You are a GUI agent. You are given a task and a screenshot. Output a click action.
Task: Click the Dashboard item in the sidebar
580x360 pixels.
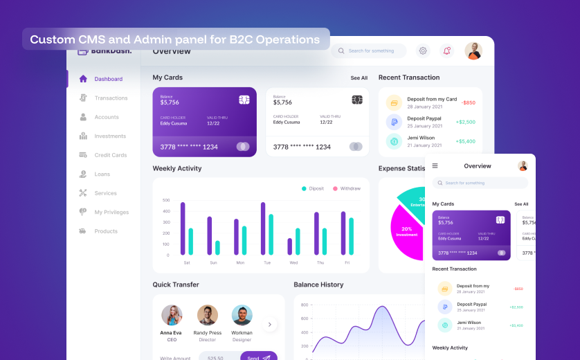click(x=108, y=79)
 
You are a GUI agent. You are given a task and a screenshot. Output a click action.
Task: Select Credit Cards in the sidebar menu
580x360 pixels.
click(x=110, y=155)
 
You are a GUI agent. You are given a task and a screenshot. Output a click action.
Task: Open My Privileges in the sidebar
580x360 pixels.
click(x=111, y=212)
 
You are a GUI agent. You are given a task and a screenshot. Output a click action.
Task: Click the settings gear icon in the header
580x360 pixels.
click(x=423, y=51)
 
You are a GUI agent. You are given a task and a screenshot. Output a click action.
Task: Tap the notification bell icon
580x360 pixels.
click(x=446, y=51)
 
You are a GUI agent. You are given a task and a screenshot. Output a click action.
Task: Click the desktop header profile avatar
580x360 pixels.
click(x=473, y=51)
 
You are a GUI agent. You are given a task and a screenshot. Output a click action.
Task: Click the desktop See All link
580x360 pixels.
click(x=359, y=78)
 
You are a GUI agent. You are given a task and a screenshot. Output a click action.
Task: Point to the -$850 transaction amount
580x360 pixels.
click(x=469, y=102)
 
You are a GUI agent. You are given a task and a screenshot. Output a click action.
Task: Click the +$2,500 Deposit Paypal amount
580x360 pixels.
click(x=465, y=122)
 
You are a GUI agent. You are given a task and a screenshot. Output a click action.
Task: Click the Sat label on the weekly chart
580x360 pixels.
click(x=187, y=263)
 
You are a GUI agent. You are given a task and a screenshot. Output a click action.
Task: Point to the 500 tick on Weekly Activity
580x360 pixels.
click(x=166, y=201)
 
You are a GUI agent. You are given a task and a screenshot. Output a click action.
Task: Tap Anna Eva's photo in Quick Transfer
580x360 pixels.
click(x=172, y=315)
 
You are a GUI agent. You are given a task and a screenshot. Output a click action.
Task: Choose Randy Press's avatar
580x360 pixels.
click(x=207, y=315)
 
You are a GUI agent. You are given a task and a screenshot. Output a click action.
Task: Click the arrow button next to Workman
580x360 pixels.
click(x=270, y=324)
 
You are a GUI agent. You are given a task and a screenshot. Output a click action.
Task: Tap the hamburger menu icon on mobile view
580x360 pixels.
click(x=435, y=166)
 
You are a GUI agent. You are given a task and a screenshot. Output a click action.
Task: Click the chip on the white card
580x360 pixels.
click(x=357, y=100)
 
